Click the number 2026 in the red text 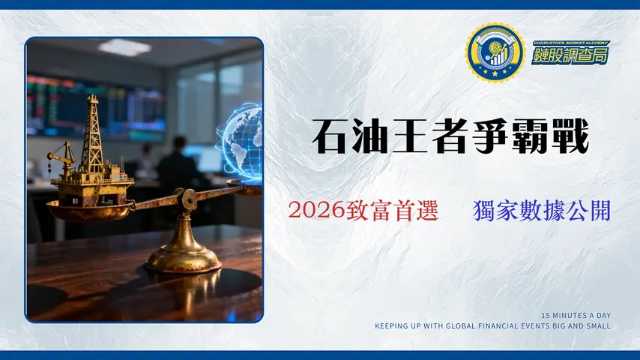[x=316, y=211]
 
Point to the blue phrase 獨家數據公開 [x=542, y=211]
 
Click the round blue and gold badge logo [x=495, y=52]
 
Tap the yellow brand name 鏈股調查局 [x=570, y=55]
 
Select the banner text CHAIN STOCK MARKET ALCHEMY [x=570, y=43]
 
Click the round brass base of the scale [x=184, y=259]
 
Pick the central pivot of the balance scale [x=187, y=199]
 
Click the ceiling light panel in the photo [x=124, y=47]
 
